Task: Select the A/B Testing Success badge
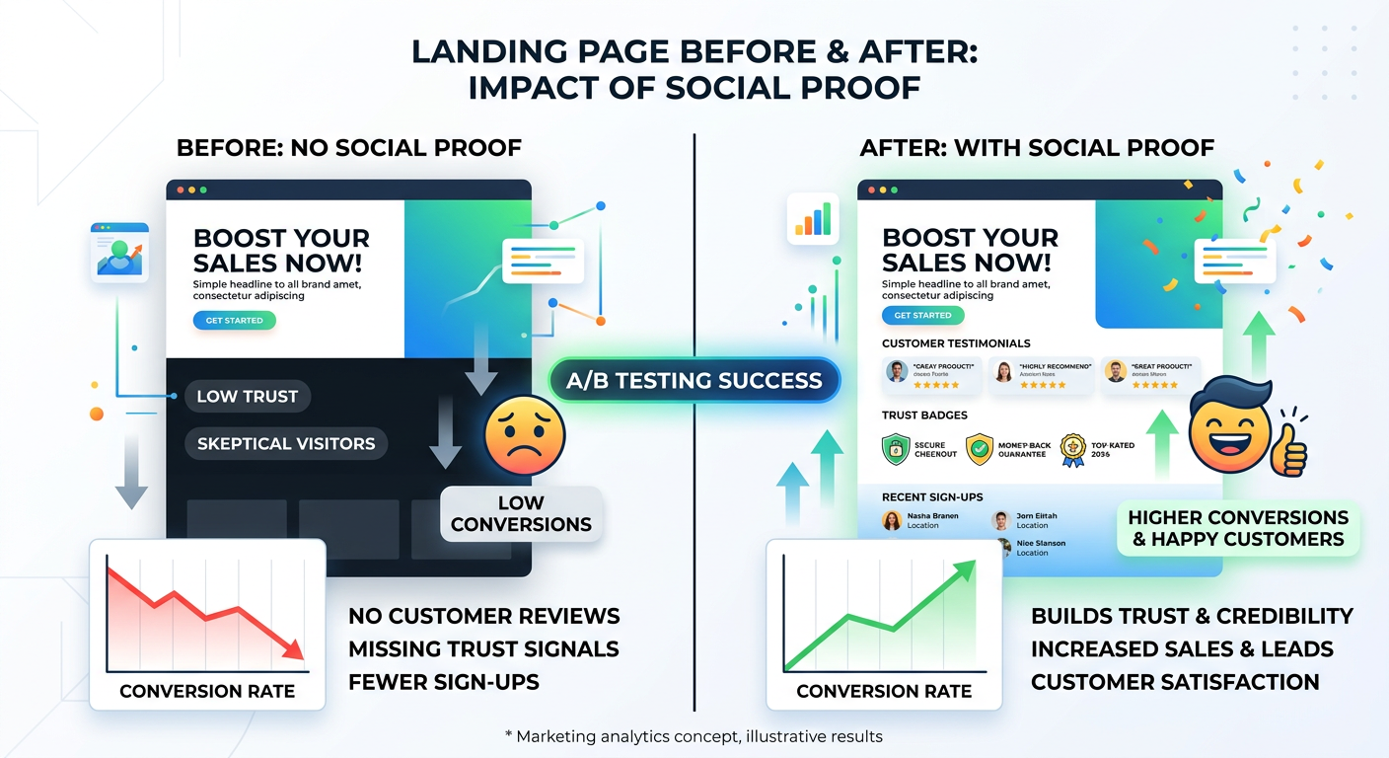694,380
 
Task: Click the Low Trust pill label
248,397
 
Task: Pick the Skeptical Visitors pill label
286,443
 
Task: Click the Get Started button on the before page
235,321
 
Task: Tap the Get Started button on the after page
923,316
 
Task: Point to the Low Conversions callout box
521,513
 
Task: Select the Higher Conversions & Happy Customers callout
1238,528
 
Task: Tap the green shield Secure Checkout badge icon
895,449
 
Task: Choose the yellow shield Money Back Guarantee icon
980,449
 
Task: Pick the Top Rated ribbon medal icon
1072,450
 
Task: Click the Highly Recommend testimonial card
1041,375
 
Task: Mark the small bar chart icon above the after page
813,218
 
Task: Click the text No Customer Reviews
483,616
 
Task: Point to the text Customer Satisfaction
1175,682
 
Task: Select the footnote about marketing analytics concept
694,736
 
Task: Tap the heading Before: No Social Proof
348,148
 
